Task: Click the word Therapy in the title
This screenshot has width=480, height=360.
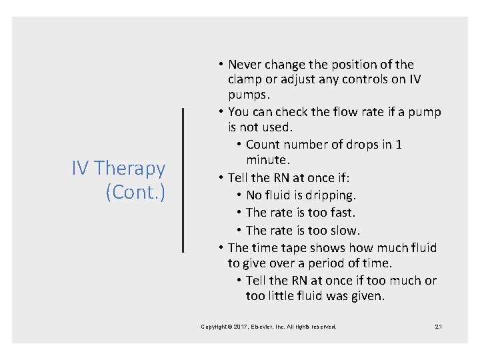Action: [x=130, y=169]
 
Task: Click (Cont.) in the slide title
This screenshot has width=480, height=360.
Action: [x=135, y=192]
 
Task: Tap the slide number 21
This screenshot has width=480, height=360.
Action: [x=438, y=327]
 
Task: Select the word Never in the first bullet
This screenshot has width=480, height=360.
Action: [x=245, y=65]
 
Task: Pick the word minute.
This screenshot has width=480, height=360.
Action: [x=267, y=160]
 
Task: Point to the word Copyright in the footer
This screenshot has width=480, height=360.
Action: [x=216, y=327]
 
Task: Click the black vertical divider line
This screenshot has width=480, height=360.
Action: [x=183, y=180]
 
